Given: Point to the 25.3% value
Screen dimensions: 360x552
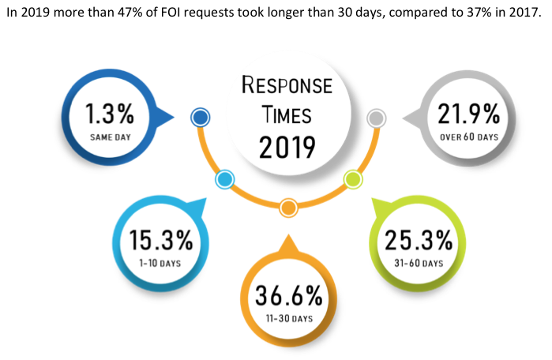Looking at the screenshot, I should point(418,240).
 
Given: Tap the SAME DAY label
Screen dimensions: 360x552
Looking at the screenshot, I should point(109,137).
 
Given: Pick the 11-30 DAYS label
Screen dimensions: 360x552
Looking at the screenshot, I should point(288,318).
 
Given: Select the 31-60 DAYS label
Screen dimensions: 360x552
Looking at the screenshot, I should point(419,261).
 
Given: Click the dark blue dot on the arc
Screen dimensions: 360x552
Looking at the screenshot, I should point(201,118).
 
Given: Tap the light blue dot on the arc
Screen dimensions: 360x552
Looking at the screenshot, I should point(224,179).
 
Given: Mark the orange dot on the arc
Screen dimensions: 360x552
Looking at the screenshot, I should point(288,208).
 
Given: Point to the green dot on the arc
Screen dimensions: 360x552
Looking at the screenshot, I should point(353,179).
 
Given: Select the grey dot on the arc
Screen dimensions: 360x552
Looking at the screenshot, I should point(377,118).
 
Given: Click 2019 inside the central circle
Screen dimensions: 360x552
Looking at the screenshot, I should point(287,147).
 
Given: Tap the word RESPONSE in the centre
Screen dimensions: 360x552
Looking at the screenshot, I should point(287,84).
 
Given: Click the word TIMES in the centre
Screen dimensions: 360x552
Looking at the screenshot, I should point(287,114).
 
